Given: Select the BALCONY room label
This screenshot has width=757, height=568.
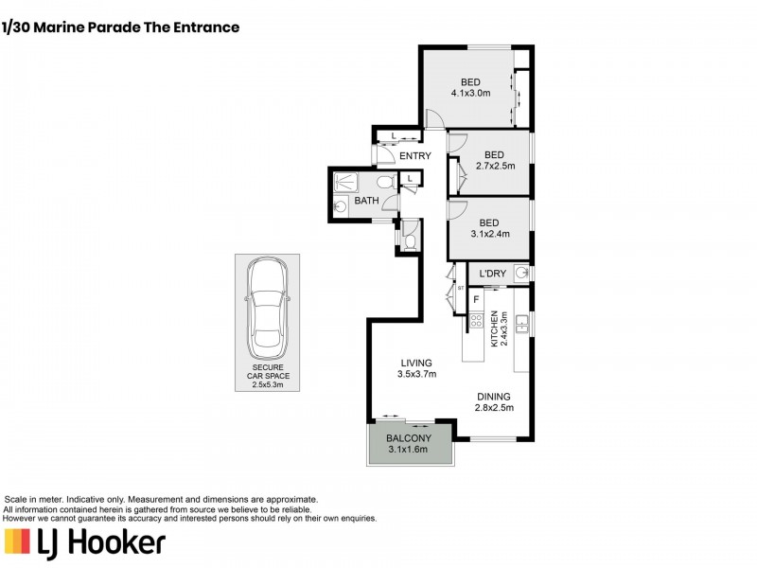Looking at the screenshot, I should click(409, 438).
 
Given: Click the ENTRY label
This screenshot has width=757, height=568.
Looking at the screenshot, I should click(414, 156).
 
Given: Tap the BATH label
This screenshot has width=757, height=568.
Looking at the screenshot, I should click(366, 201).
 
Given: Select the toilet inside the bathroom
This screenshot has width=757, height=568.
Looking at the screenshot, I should click(384, 181).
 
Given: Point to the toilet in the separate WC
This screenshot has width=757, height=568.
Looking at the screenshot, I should click(409, 241).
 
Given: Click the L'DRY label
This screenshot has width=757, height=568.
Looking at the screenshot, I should click(493, 275).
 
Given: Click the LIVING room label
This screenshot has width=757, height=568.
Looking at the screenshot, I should click(416, 363).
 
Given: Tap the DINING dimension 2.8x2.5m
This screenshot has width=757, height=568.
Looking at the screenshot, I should click(494, 408).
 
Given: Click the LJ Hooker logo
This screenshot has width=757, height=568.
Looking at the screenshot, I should click(86, 541).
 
